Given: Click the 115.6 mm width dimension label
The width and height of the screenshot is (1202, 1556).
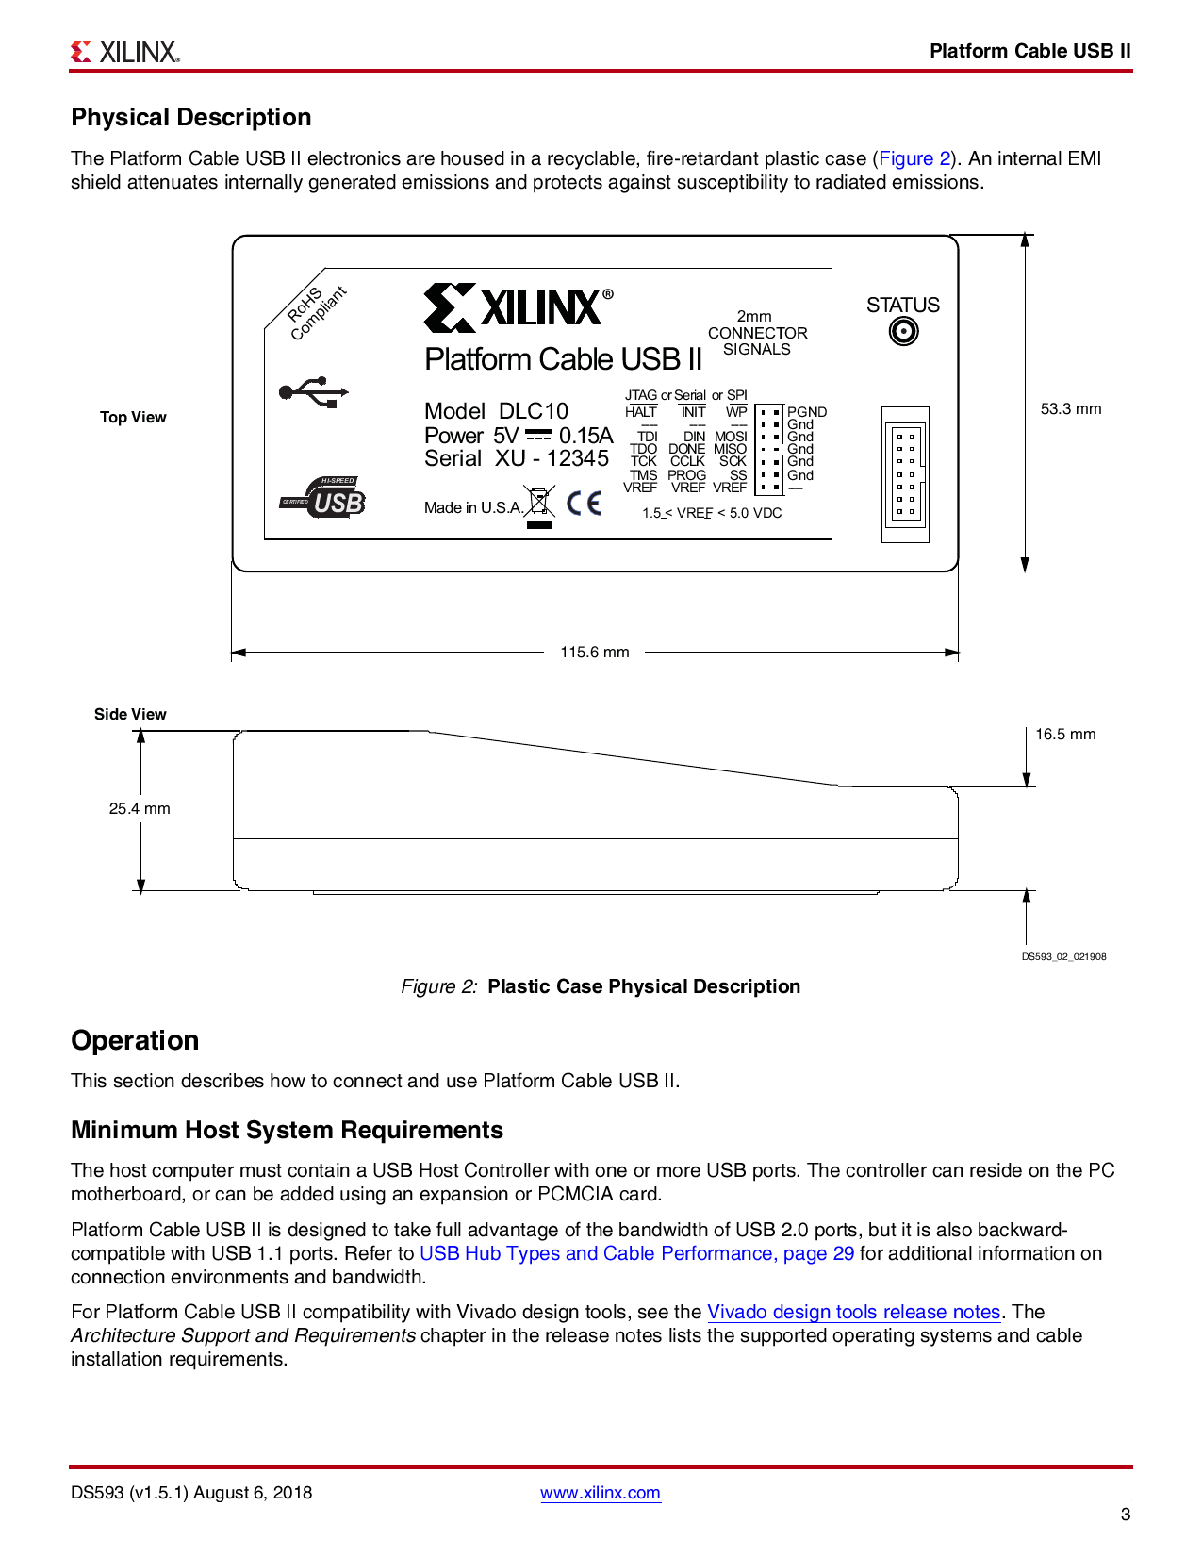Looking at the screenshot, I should [594, 652].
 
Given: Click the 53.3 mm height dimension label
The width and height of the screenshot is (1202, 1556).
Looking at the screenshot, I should [1070, 408].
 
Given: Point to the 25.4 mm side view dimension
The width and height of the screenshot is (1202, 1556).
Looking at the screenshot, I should [140, 808].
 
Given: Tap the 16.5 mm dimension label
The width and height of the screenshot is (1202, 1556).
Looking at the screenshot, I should [1065, 734].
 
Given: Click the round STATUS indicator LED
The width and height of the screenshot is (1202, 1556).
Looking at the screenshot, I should [903, 332].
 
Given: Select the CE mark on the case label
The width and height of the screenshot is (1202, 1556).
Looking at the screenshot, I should [585, 503].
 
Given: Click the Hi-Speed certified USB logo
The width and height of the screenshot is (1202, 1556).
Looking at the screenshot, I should [324, 497].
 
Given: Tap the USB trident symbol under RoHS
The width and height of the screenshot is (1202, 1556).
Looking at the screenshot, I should [315, 392].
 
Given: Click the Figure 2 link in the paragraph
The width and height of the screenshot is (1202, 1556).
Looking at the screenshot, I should [914, 158].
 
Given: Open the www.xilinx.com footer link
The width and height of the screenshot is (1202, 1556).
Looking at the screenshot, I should [600, 1493].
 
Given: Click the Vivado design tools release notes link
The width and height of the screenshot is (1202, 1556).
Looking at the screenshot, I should [853, 1312].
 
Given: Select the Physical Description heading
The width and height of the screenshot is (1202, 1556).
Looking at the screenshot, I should [191, 117].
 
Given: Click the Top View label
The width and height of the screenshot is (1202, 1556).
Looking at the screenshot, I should [133, 417].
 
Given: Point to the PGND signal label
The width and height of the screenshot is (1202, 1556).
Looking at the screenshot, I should [807, 412].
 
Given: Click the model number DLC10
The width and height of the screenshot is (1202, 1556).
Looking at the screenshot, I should [533, 411].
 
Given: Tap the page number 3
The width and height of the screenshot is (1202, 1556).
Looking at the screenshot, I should [1125, 1515].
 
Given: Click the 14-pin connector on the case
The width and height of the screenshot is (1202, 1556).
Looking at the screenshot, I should [905, 474].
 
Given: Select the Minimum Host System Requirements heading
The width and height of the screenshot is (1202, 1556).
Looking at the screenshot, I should [287, 1130].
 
